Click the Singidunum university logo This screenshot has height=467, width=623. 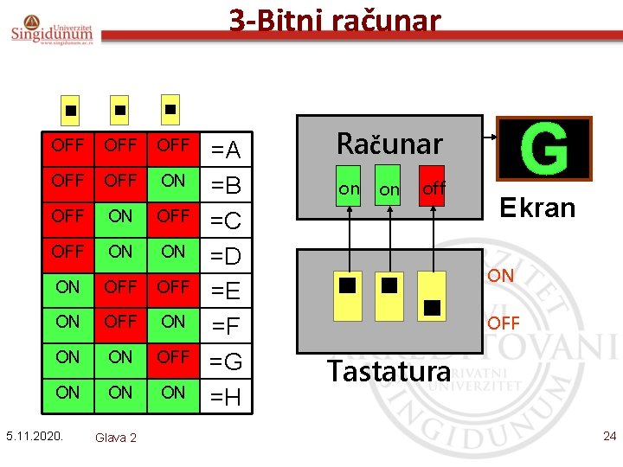click(x=53, y=29)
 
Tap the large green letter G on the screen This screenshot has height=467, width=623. click(x=544, y=148)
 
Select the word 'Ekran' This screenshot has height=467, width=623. click(x=537, y=208)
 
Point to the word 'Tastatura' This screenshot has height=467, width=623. click(x=389, y=371)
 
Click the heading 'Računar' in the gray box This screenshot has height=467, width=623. click(x=389, y=143)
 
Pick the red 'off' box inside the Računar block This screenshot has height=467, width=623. click(x=432, y=187)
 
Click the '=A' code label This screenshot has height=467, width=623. click(x=226, y=151)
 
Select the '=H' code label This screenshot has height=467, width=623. click(x=226, y=398)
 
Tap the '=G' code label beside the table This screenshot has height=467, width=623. click(x=226, y=362)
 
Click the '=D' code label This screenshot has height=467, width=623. click(x=226, y=256)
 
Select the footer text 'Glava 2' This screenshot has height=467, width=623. click(x=115, y=438)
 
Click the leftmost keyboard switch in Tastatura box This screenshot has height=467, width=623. click(x=348, y=295)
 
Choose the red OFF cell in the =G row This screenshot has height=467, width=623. click(x=173, y=356)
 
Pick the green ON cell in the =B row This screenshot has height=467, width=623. click(x=173, y=181)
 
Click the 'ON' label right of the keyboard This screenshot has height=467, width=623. click(x=500, y=276)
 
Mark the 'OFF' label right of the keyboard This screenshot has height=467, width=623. click(x=503, y=323)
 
